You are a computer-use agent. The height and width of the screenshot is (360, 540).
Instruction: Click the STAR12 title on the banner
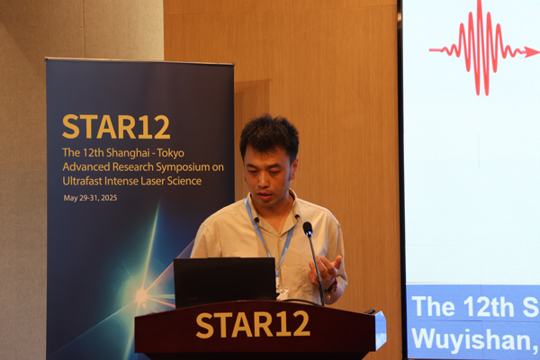(x=116, y=127)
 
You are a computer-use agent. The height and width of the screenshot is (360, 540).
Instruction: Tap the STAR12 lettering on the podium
(x=253, y=325)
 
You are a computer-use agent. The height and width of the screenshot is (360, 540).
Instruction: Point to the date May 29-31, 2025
(x=90, y=198)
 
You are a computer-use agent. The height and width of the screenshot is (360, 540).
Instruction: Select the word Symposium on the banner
(x=183, y=167)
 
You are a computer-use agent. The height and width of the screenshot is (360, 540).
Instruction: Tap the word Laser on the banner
(x=153, y=181)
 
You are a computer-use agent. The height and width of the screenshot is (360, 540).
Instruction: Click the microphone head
(x=308, y=229)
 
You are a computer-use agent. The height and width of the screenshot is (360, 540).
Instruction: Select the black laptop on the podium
(x=225, y=283)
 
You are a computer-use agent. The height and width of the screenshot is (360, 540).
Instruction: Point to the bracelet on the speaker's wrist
(x=331, y=287)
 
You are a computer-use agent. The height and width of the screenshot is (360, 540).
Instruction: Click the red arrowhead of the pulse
(x=531, y=52)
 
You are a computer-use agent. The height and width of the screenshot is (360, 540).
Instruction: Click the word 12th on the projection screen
(x=489, y=307)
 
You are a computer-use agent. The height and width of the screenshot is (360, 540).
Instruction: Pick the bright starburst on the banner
(x=141, y=295)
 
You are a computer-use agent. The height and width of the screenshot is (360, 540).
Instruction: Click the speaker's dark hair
(x=269, y=136)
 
